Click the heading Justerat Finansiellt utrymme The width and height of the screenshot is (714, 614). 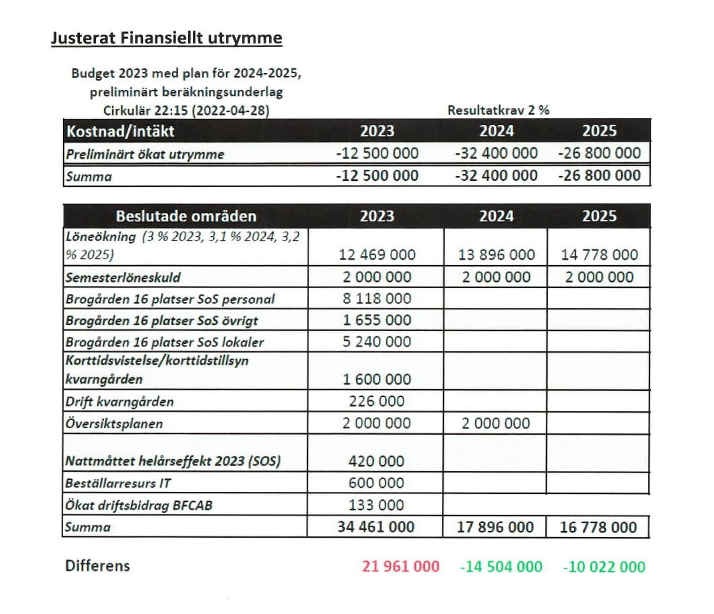coord(166,38)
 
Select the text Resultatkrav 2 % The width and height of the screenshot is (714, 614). coord(498,110)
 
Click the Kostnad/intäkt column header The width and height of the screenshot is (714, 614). coord(120,131)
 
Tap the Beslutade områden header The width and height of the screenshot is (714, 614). coord(186,216)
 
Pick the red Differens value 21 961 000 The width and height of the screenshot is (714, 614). coord(400,567)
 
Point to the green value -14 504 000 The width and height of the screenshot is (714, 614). coord(501,567)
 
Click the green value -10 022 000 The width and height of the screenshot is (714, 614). coord(604,567)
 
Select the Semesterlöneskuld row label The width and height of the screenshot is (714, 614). coord(123,277)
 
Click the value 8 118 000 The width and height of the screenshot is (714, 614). coord(377,298)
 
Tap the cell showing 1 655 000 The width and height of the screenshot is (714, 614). coord(377,320)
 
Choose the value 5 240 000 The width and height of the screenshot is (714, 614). coord(377,342)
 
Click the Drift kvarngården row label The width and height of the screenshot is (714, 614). coord(119,401)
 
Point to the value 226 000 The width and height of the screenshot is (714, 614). coord(377,401)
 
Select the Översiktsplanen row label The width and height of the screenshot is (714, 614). coord(114,423)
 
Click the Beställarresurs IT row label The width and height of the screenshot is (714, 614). coord(118,483)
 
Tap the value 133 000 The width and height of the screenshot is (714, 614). coord(377,505)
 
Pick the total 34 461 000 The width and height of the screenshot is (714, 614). coord(376,527)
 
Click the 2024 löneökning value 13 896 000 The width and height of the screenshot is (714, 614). coord(496,255)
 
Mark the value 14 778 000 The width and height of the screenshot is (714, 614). coord(599,255)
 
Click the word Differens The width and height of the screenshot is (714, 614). coord(97,566)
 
